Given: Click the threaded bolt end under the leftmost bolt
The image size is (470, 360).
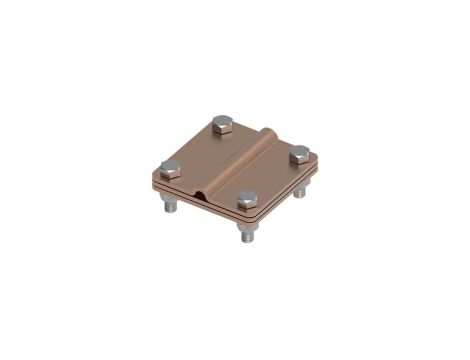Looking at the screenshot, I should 168,206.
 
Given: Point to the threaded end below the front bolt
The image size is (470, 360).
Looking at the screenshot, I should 245,237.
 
